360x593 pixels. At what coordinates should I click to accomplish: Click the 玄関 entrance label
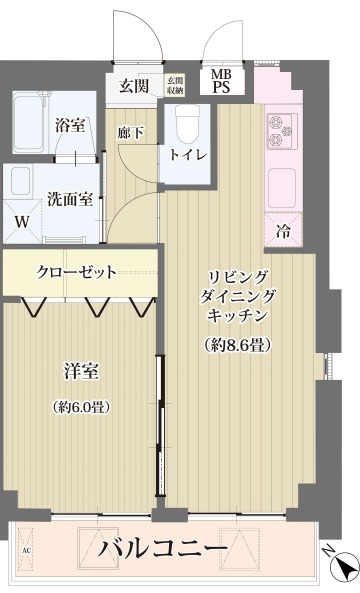point(134,84)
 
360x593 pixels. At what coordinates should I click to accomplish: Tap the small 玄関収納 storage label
point(175,85)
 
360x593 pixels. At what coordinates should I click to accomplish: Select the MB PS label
point(219,81)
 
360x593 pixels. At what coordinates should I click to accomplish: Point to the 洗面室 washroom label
point(73,198)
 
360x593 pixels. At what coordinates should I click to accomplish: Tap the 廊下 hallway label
point(131,132)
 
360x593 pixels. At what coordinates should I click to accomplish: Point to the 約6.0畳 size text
point(81,406)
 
